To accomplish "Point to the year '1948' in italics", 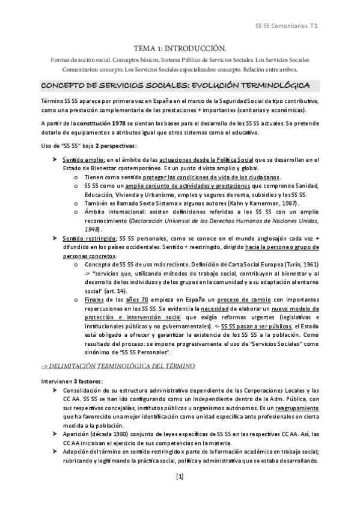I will pos(91,229).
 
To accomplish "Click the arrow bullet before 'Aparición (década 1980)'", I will pos(55,432).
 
